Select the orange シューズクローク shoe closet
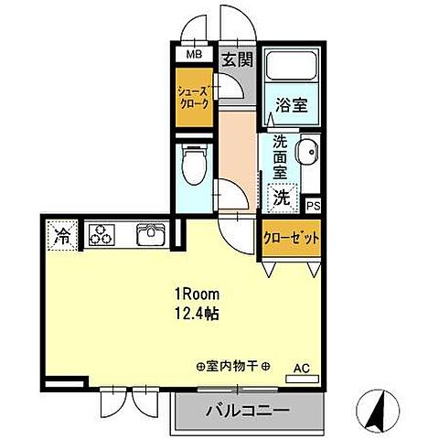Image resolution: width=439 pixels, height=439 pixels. (194, 98)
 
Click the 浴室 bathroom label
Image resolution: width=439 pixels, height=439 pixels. (291, 105)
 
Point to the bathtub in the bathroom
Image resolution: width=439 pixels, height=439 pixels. (290, 68)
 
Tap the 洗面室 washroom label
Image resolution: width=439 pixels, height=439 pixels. (279, 156)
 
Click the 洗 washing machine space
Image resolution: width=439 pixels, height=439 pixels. (282, 196)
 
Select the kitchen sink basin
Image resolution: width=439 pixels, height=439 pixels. (150, 235)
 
